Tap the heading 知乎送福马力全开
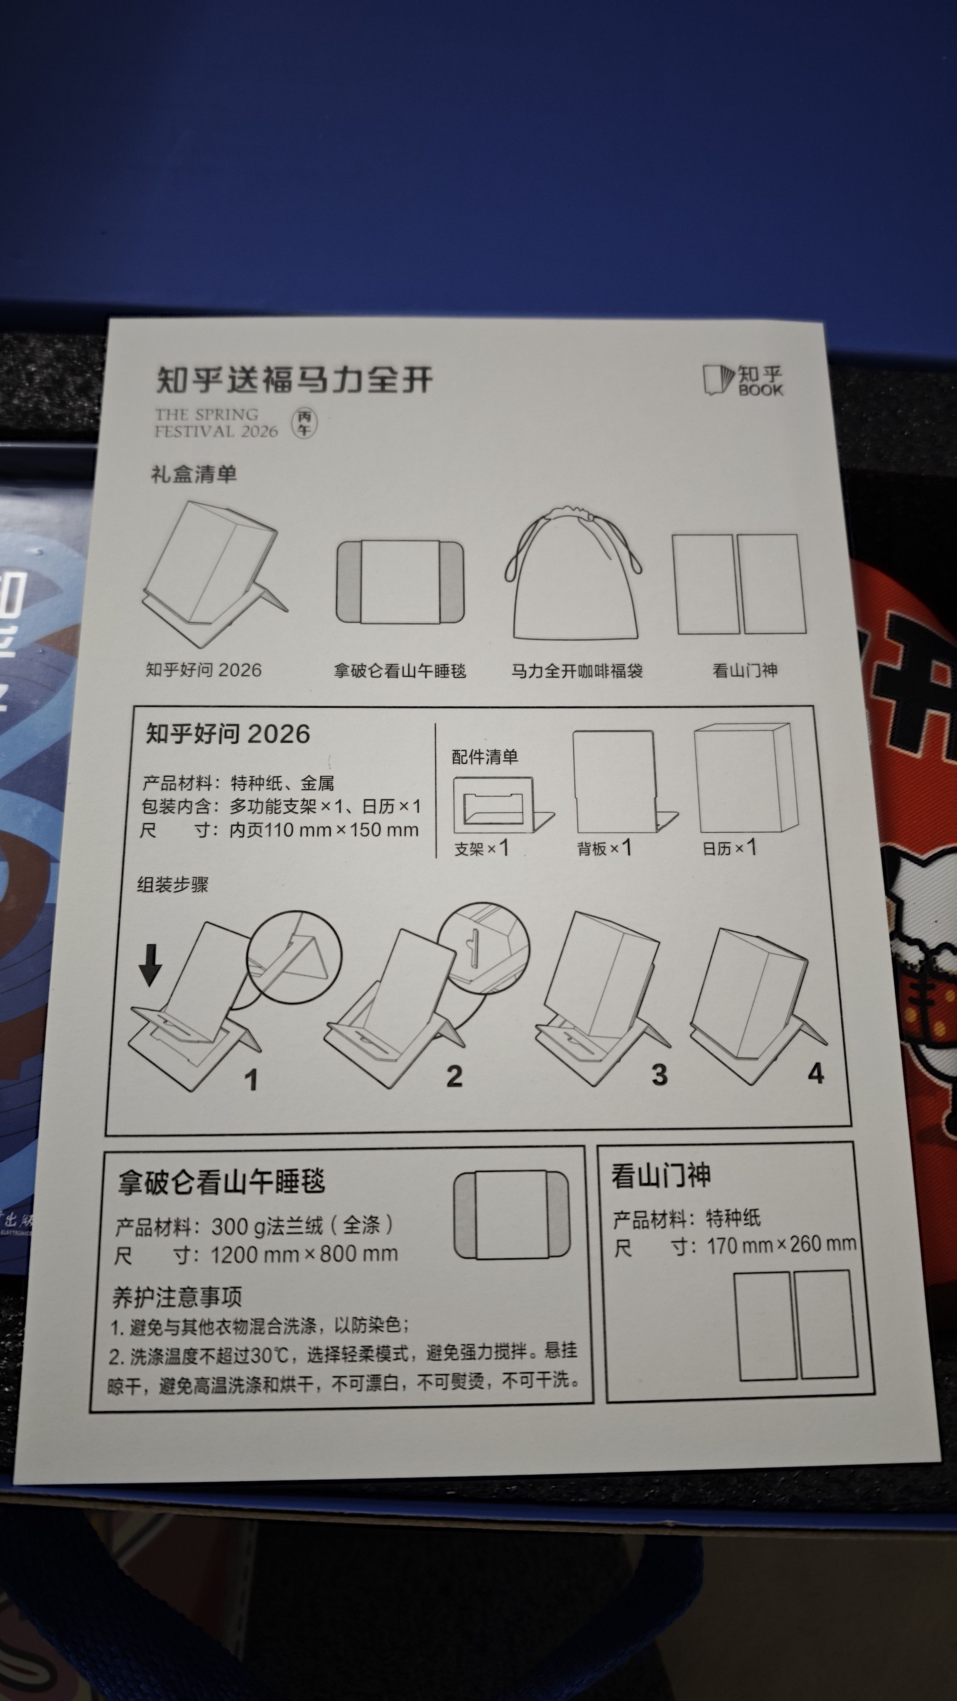click(x=294, y=379)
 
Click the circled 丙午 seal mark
click(x=304, y=423)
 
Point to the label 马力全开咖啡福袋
click(x=577, y=671)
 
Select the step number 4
click(x=816, y=1073)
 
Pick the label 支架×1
click(x=481, y=848)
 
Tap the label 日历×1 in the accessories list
click(x=729, y=848)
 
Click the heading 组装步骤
click(x=172, y=885)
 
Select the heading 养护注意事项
click(x=177, y=1297)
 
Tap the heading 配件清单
click(x=485, y=757)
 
